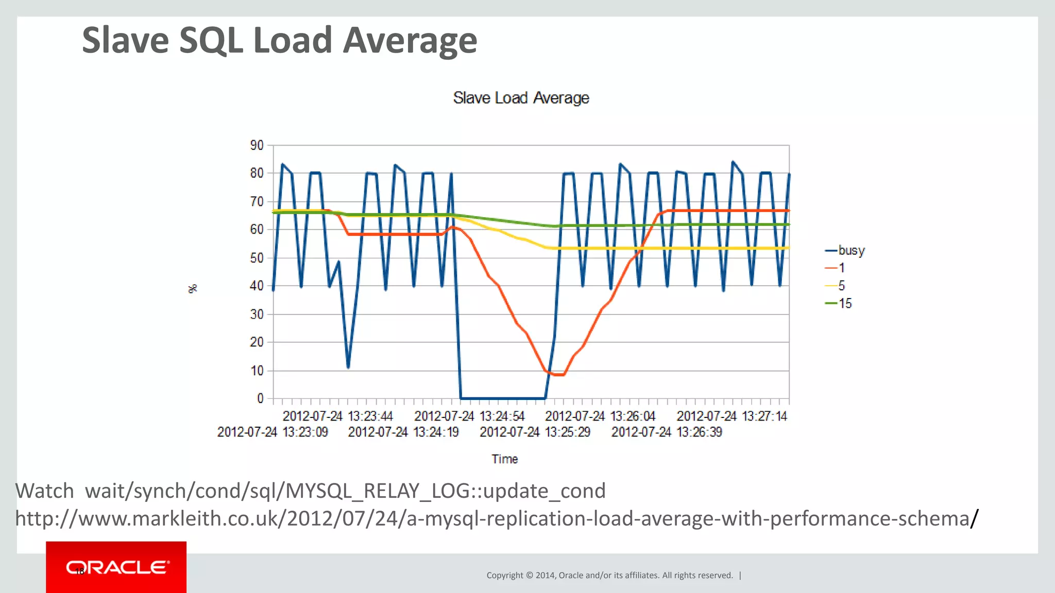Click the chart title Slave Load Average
point(521,98)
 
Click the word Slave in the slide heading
point(125,40)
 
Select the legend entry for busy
point(850,250)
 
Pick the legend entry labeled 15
point(845,303)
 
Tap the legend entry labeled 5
point(841,285)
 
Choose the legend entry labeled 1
point(841,268)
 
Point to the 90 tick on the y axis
point(257,145)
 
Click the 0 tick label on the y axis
point(260,398)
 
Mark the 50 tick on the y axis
point(257,258)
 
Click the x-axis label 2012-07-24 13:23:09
point(273,432)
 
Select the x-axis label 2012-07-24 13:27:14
point(731,416)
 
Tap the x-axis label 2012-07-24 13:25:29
point(535,432)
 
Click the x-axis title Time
point(504,459)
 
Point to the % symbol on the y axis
point(193,289)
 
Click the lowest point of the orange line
point(559,375)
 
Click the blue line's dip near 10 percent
point(348,367)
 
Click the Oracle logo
point(116,567)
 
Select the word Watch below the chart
point(45,491)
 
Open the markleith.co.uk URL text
point(492,518)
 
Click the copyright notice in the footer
point(609,575)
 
